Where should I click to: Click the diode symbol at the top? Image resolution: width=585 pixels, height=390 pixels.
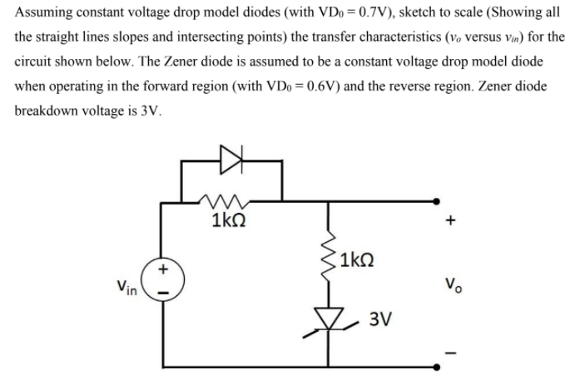(x=229, y=155)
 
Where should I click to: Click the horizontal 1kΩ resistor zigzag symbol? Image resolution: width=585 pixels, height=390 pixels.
(x=223, y=200)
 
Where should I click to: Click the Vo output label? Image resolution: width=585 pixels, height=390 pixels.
(x=453, y=284)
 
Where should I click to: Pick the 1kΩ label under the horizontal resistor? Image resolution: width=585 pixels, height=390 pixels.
(x=227, y=222)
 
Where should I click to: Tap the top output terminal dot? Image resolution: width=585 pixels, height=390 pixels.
(x=437, y=200)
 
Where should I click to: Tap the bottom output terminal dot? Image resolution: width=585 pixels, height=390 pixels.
(x=437, y=366)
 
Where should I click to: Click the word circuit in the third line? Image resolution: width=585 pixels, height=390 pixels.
(x=37, y=63)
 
